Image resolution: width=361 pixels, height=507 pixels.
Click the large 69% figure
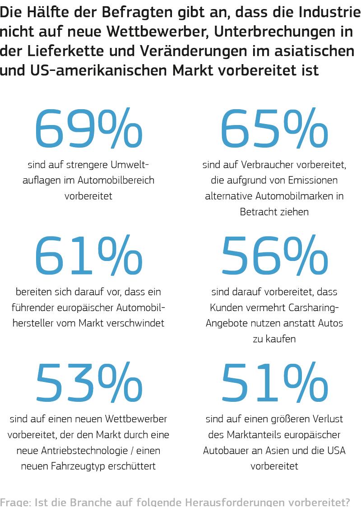(x=88, y=129)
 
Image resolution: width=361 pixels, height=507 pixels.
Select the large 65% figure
(x=274, y=129)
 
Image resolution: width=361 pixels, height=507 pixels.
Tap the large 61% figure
(x=88, y=256)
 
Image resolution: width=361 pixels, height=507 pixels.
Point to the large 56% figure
(x=274, y=256)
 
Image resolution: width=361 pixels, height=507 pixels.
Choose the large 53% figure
(x=88, y=384)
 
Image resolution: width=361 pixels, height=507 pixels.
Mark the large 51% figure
(x=274, y=384)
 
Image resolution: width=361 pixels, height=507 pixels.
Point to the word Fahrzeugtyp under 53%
(x=85, y=466)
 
